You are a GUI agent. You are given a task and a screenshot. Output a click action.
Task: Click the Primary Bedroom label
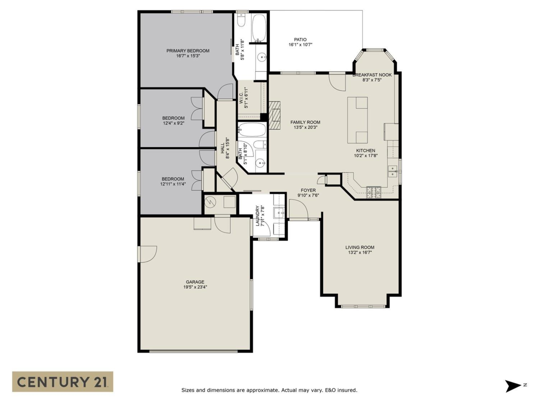point(188,51)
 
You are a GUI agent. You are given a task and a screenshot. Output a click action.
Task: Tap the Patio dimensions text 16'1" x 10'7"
point(300,45)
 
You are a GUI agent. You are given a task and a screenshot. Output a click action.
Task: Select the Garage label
point(195,282)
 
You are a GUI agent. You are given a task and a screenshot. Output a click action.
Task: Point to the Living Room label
point(359,247)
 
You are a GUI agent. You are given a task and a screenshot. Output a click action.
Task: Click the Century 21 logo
point(62,382)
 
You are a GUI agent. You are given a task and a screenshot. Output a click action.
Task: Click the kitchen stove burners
point(374,192)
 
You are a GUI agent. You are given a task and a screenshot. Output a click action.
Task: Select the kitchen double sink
point(393,171)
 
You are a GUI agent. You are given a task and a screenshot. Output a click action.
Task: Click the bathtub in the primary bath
point(259,28)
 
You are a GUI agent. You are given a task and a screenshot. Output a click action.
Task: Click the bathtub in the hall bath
point(252,131)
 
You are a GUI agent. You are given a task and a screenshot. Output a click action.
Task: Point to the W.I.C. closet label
point(241,97)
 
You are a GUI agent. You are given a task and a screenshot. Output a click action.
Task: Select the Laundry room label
point(258,215)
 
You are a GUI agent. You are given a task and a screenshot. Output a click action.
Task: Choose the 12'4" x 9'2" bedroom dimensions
point(173,123)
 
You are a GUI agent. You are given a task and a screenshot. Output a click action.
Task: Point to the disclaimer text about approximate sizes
point(269,390)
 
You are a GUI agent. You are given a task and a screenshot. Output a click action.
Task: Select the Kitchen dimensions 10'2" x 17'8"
point(365,156)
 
